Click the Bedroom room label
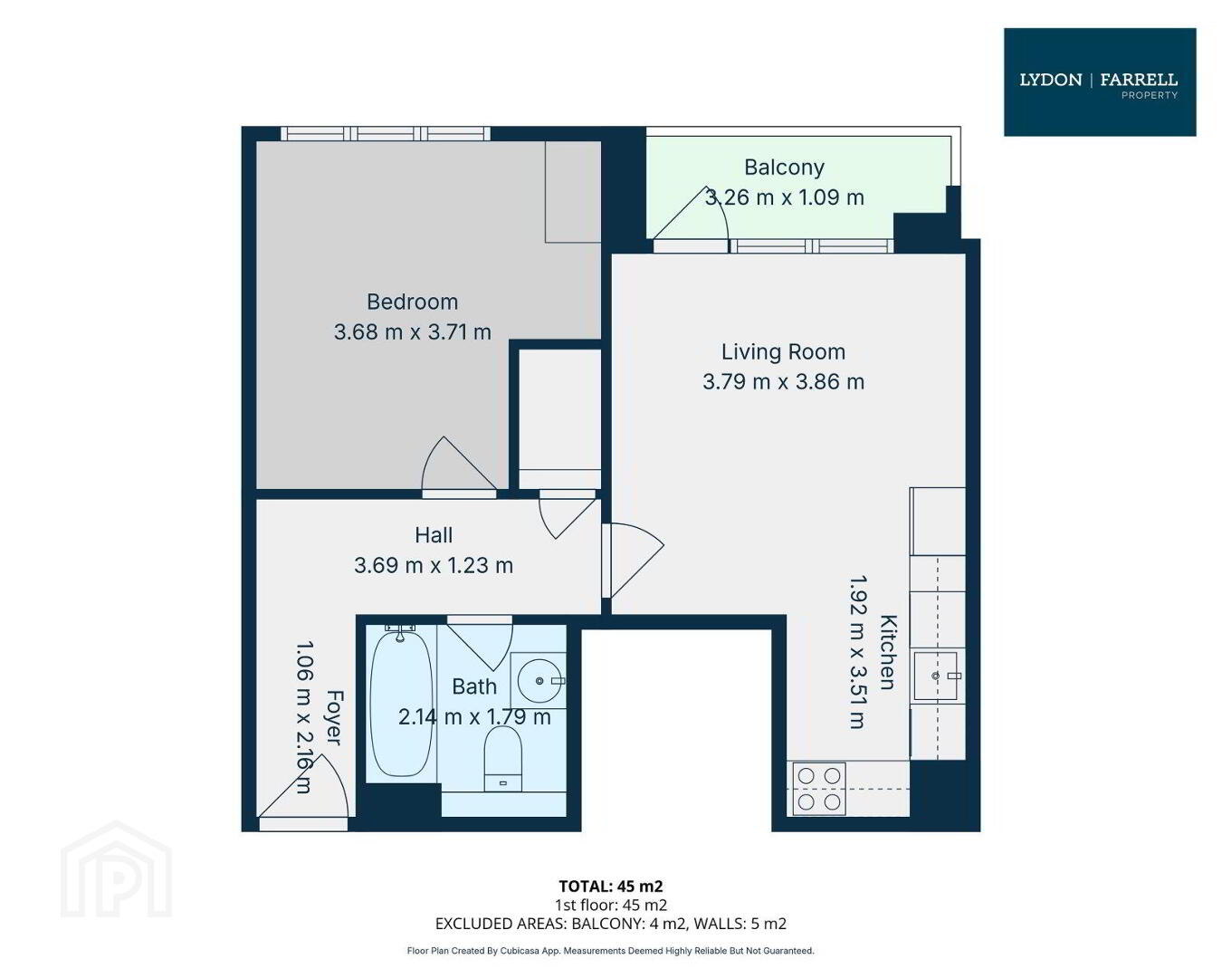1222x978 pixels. coord(412,302)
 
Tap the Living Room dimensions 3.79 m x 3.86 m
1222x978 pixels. coord(783,381)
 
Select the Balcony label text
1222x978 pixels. coord(784,167)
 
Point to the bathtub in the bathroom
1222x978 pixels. coord(401,705)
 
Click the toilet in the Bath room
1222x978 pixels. coord(502,759)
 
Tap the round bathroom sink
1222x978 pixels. coord(539,680)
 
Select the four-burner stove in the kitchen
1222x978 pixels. coord(819,789)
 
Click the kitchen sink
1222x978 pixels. coord(935,676)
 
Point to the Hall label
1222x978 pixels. coord(434,535)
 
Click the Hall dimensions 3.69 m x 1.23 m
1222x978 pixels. coord(434,565)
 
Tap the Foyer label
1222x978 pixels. coord(335,718)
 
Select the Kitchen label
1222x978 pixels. coord(889,652)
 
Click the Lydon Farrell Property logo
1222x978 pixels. coord(1099,81)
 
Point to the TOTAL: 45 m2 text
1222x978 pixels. coord(611,886)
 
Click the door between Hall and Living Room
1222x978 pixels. coord(632,561)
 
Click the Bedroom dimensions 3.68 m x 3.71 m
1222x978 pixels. coord(412,331)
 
